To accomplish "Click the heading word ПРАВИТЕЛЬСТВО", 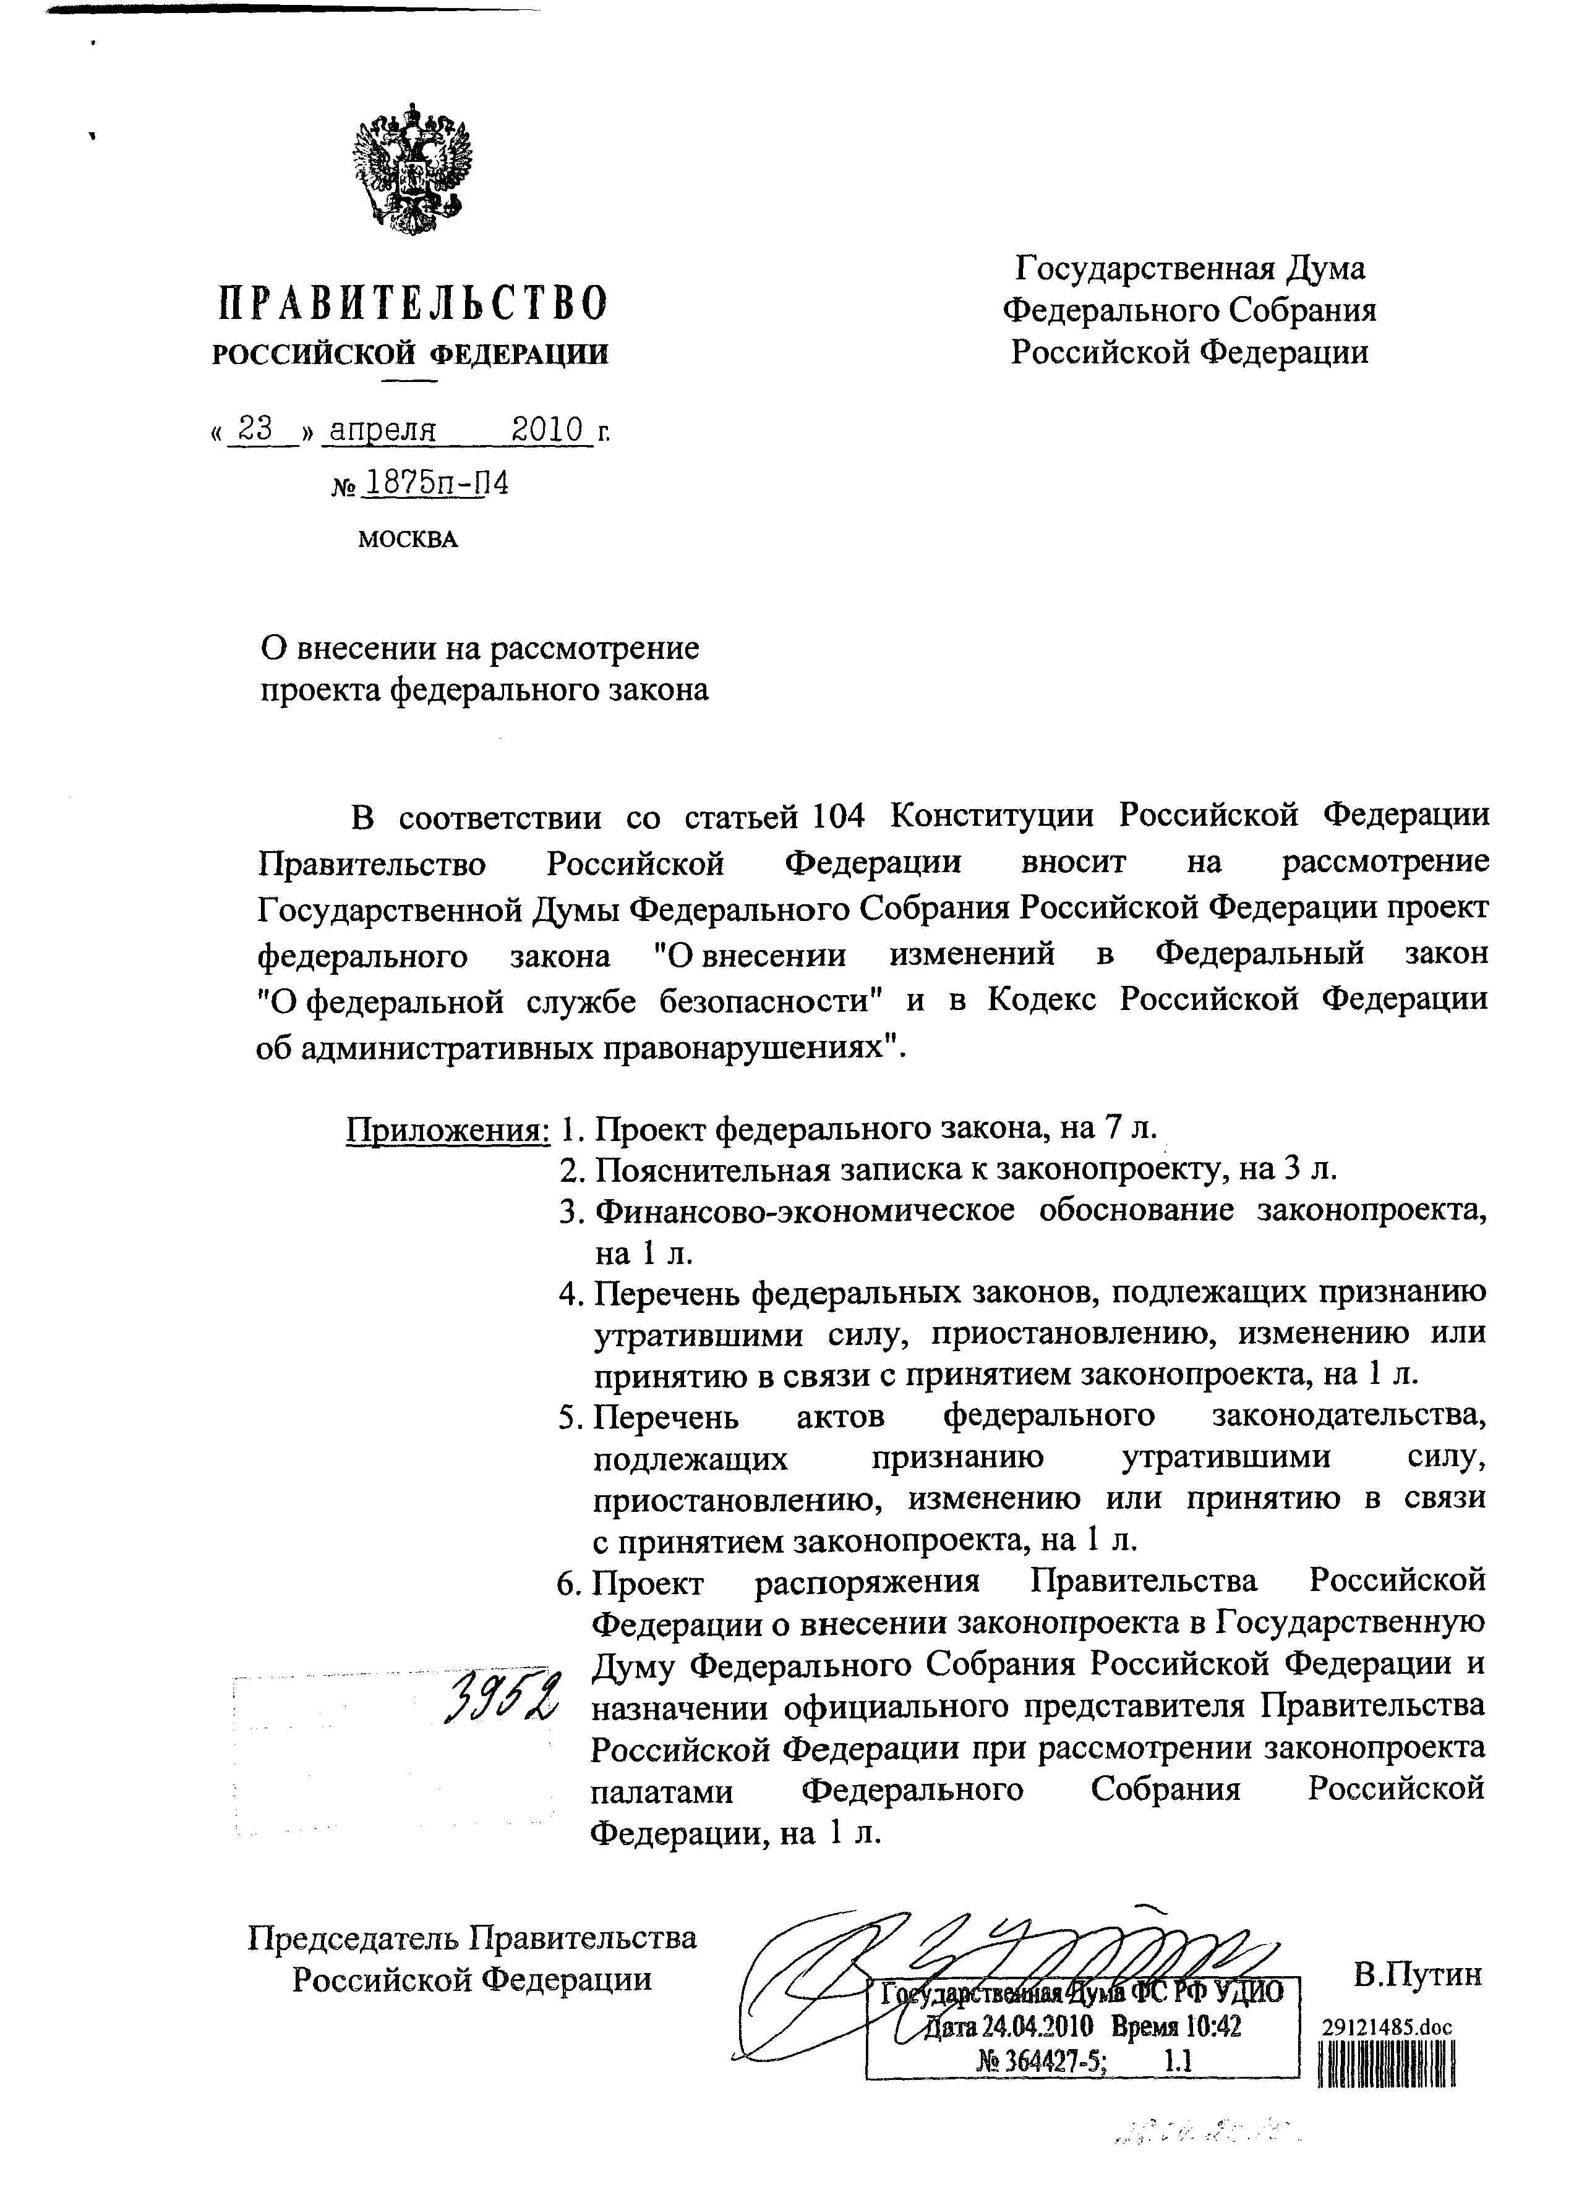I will [x=411, y=304].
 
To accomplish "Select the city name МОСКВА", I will [x=407, y=539].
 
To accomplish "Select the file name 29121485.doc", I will [x=1387, y=2026].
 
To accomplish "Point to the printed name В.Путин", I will [x=1418, y=1974].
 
